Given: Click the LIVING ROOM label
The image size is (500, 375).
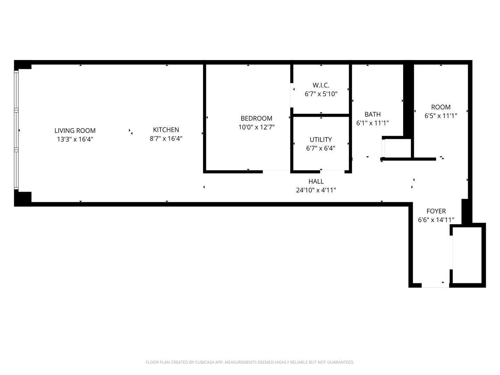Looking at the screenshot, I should pyautogui.click(x=75, y=131).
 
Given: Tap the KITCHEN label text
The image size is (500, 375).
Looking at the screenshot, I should pyautogui.click(x=166, y=130).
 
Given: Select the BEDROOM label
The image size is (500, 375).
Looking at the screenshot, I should pyautogui.click(x=256, y=118).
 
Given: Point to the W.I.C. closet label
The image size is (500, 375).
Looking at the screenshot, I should pyautogui.click(x=321, y=85).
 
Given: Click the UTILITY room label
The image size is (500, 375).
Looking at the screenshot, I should pyautogui.click(x=320, y=140).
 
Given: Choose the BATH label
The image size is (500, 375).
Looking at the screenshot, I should pyautogui.click(x=373, y=114).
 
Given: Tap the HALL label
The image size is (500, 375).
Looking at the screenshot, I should pyautogui.click(x=316, y=181).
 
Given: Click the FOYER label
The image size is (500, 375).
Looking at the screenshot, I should pyautogui.click(x=436, y=211).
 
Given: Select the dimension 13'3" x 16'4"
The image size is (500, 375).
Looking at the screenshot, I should pyautogui.click(x=75, y=140).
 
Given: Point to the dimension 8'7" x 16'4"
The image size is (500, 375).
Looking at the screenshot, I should pyautogui.click(x=166, y=139).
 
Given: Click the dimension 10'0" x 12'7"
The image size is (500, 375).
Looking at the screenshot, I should pyautogui.click(x=256, y=127).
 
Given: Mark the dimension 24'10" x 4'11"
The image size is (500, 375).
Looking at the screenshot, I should pyautogui.click(x=316, y=190).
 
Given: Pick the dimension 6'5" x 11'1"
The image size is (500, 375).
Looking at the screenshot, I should pyautogui.click(x=441, y=116).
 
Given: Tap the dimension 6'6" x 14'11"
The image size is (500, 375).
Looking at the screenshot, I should pyautogui.click(x=436, y=220).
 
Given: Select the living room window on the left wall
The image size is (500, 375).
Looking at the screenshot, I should pyautogui.click(x=16, y=130).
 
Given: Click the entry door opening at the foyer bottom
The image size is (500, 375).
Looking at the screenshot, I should pyautogui.click(x=435, y=285).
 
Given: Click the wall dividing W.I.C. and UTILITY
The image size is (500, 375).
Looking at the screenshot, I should pyautogui.click(x=321, y=115).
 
